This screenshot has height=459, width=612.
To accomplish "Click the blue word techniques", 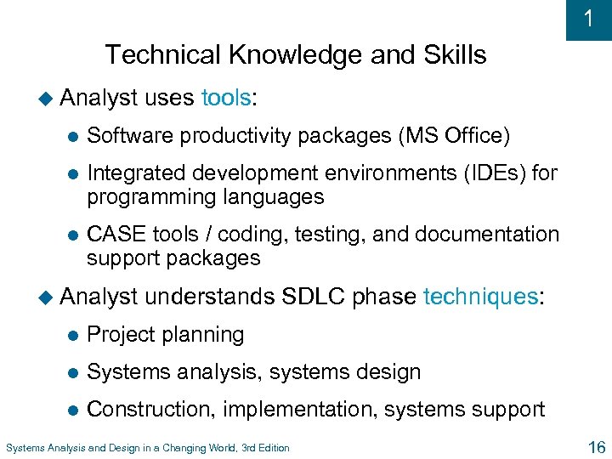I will coord(479,297).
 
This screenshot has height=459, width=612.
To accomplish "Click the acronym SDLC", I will coord(314,297).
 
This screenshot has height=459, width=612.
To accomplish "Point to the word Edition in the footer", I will coord(269,448).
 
